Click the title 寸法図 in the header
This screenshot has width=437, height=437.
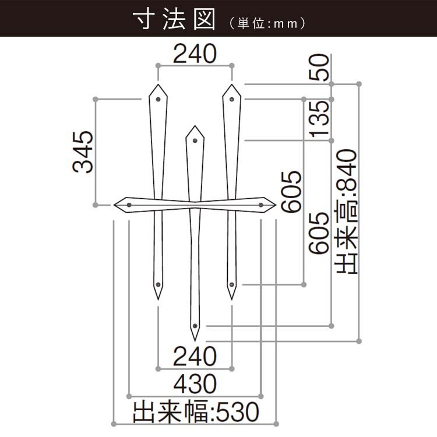174,19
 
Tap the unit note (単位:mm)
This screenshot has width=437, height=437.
267,24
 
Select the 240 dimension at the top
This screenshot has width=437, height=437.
195,54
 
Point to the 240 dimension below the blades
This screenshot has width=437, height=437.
195,356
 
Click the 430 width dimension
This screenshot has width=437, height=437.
195,383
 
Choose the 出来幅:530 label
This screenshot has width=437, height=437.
196,411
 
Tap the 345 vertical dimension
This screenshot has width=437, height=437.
83,152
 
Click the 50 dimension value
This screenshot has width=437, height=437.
319,68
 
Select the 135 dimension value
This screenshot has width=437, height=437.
319,119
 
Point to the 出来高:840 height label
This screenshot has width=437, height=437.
347,212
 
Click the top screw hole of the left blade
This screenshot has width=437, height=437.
158,99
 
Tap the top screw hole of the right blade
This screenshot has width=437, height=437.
231,99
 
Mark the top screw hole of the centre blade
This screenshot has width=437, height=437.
195,140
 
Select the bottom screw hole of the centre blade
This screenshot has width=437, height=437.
195,326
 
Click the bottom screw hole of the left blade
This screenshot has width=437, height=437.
158,284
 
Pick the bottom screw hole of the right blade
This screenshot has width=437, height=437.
231,284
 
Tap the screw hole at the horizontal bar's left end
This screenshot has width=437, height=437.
129,205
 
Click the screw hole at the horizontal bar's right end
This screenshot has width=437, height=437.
261,205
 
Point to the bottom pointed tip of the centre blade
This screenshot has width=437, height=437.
195,341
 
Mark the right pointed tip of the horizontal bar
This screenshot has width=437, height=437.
276,205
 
